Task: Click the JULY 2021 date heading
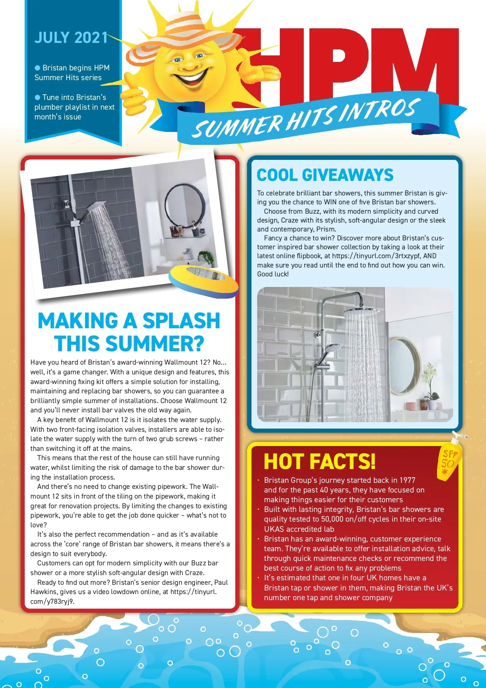coord(70,38)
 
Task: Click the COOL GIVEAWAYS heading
coord(325,175)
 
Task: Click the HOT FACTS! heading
coord(320,461)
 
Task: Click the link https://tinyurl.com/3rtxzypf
coord(376,256)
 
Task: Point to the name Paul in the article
coord(221,582)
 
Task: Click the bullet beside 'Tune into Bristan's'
coord(38,98)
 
